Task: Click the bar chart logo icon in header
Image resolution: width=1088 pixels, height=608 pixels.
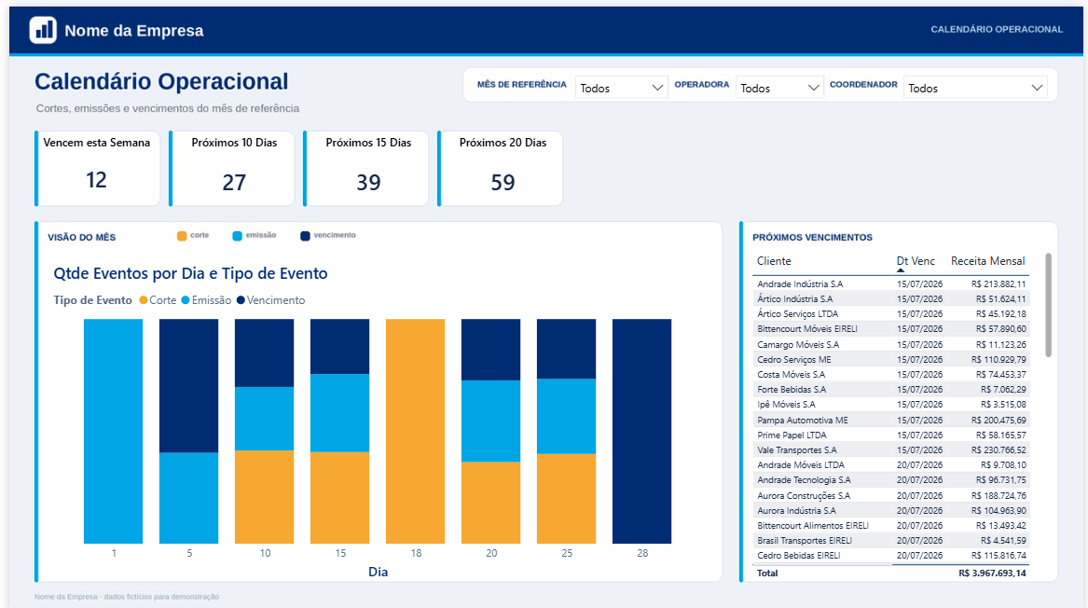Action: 43,30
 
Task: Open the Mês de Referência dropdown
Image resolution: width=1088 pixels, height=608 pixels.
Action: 621,89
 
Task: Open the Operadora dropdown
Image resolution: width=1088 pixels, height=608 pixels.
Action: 779,89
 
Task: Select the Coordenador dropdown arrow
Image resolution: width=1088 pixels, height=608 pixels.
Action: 1037,89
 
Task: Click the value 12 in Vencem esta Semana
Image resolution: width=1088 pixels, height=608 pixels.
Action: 96,181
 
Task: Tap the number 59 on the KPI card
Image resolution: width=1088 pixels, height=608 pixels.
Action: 503,183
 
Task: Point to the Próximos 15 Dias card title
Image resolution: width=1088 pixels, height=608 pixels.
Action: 368,143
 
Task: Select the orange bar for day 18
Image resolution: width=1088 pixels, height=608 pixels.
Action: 415,431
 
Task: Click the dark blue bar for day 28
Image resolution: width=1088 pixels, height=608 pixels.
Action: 641,431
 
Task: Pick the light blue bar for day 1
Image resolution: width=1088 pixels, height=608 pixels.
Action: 113,431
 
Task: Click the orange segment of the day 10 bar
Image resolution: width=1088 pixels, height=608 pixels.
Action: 265,497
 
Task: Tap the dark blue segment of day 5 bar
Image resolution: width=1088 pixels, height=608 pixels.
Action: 188,386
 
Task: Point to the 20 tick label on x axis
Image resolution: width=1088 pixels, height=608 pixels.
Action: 491,553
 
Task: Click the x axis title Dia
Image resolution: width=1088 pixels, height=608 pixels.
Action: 379,572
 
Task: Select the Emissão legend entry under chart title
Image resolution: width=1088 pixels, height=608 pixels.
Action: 206,300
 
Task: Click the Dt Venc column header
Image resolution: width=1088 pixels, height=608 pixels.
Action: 916,261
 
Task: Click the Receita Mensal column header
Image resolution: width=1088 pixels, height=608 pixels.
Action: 988,261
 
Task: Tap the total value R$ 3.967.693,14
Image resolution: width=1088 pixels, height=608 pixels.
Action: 992,573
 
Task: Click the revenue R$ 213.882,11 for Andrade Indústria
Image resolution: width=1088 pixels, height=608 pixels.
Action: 998,283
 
